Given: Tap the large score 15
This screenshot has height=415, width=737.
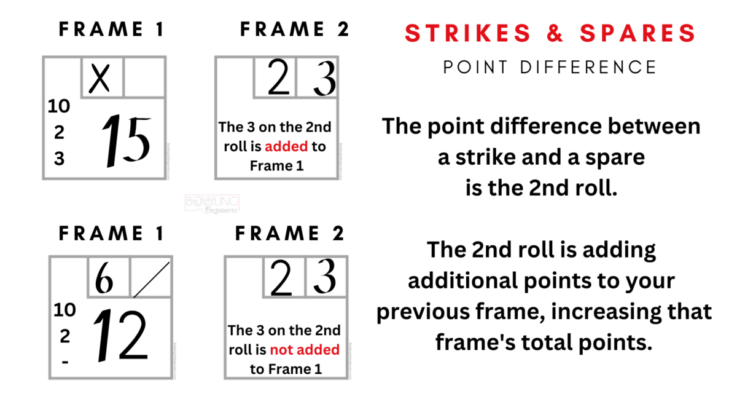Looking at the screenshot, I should (127, 141).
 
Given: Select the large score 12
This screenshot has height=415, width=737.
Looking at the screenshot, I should (120, 336).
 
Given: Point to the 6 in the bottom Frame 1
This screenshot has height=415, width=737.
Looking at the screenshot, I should (105, 279).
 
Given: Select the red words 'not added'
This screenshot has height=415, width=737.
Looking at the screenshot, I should (304, 350).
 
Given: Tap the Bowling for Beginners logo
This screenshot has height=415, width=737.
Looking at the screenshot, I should (212, 204).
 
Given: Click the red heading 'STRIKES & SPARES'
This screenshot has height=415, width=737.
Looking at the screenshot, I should (550, 34).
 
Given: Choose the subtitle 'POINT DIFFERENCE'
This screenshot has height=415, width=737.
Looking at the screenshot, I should (550, 66).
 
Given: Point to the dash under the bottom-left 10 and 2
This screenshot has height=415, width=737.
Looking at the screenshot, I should (64, 362).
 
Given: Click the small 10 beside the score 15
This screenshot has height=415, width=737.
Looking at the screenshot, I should (59, 106).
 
